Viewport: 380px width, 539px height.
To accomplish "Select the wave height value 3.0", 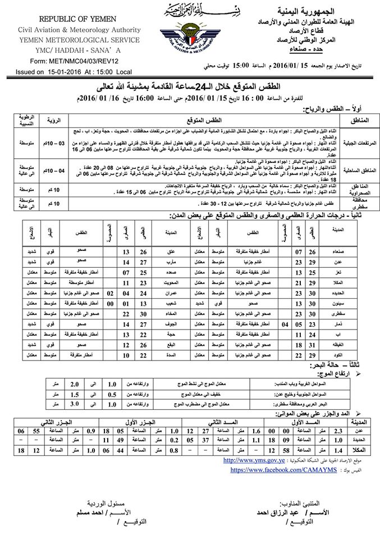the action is pos(92,403).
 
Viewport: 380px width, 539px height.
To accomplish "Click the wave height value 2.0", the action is pos(92,384).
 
